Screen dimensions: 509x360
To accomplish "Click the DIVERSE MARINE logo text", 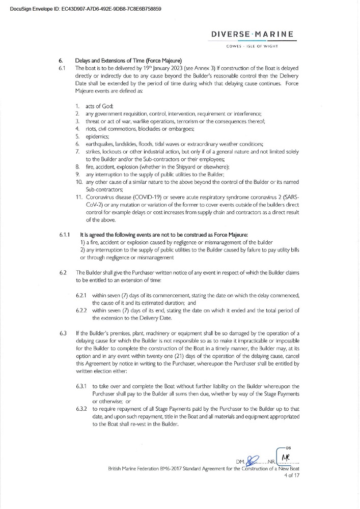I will pos(253,35).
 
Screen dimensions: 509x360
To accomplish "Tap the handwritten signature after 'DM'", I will pos(253,461).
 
